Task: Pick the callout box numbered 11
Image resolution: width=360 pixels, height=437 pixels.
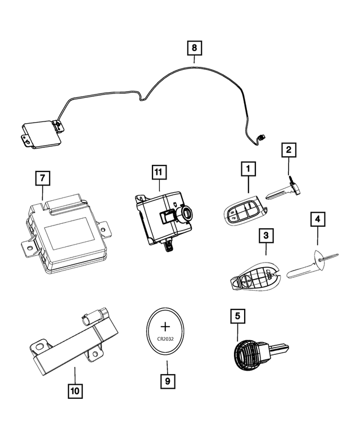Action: pos(159,171)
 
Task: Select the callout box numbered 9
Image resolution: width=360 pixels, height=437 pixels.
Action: pos(166,380)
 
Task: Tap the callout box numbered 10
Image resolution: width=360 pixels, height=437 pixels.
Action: pos(75,389)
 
